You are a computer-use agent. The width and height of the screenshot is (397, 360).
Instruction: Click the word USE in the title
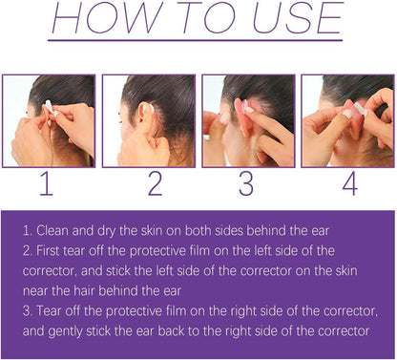(x=298, y=17)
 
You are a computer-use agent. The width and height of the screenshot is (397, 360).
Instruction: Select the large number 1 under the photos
(x=46, y=183)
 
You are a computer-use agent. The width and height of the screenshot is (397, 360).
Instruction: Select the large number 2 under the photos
(x=156, y=183)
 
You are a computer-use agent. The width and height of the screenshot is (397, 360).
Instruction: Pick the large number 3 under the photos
(x=246, y=183)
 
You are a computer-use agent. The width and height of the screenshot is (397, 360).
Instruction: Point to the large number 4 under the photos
(x=350, y=183)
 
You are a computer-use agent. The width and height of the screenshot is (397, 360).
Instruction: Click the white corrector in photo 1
(x=51, y=108)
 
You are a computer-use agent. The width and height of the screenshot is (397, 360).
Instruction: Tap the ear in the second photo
(x=145, y=116)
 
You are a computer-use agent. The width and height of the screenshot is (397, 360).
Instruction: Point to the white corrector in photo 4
(x=360, y=109)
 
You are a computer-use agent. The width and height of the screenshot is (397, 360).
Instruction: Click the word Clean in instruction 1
(x=52, y=230)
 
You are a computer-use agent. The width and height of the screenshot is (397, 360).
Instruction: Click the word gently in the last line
(x=66, y=331)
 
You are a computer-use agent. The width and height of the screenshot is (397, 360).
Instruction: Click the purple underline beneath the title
(x=196, y=40)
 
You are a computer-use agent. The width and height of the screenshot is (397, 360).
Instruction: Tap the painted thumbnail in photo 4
(x=347, y=114)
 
